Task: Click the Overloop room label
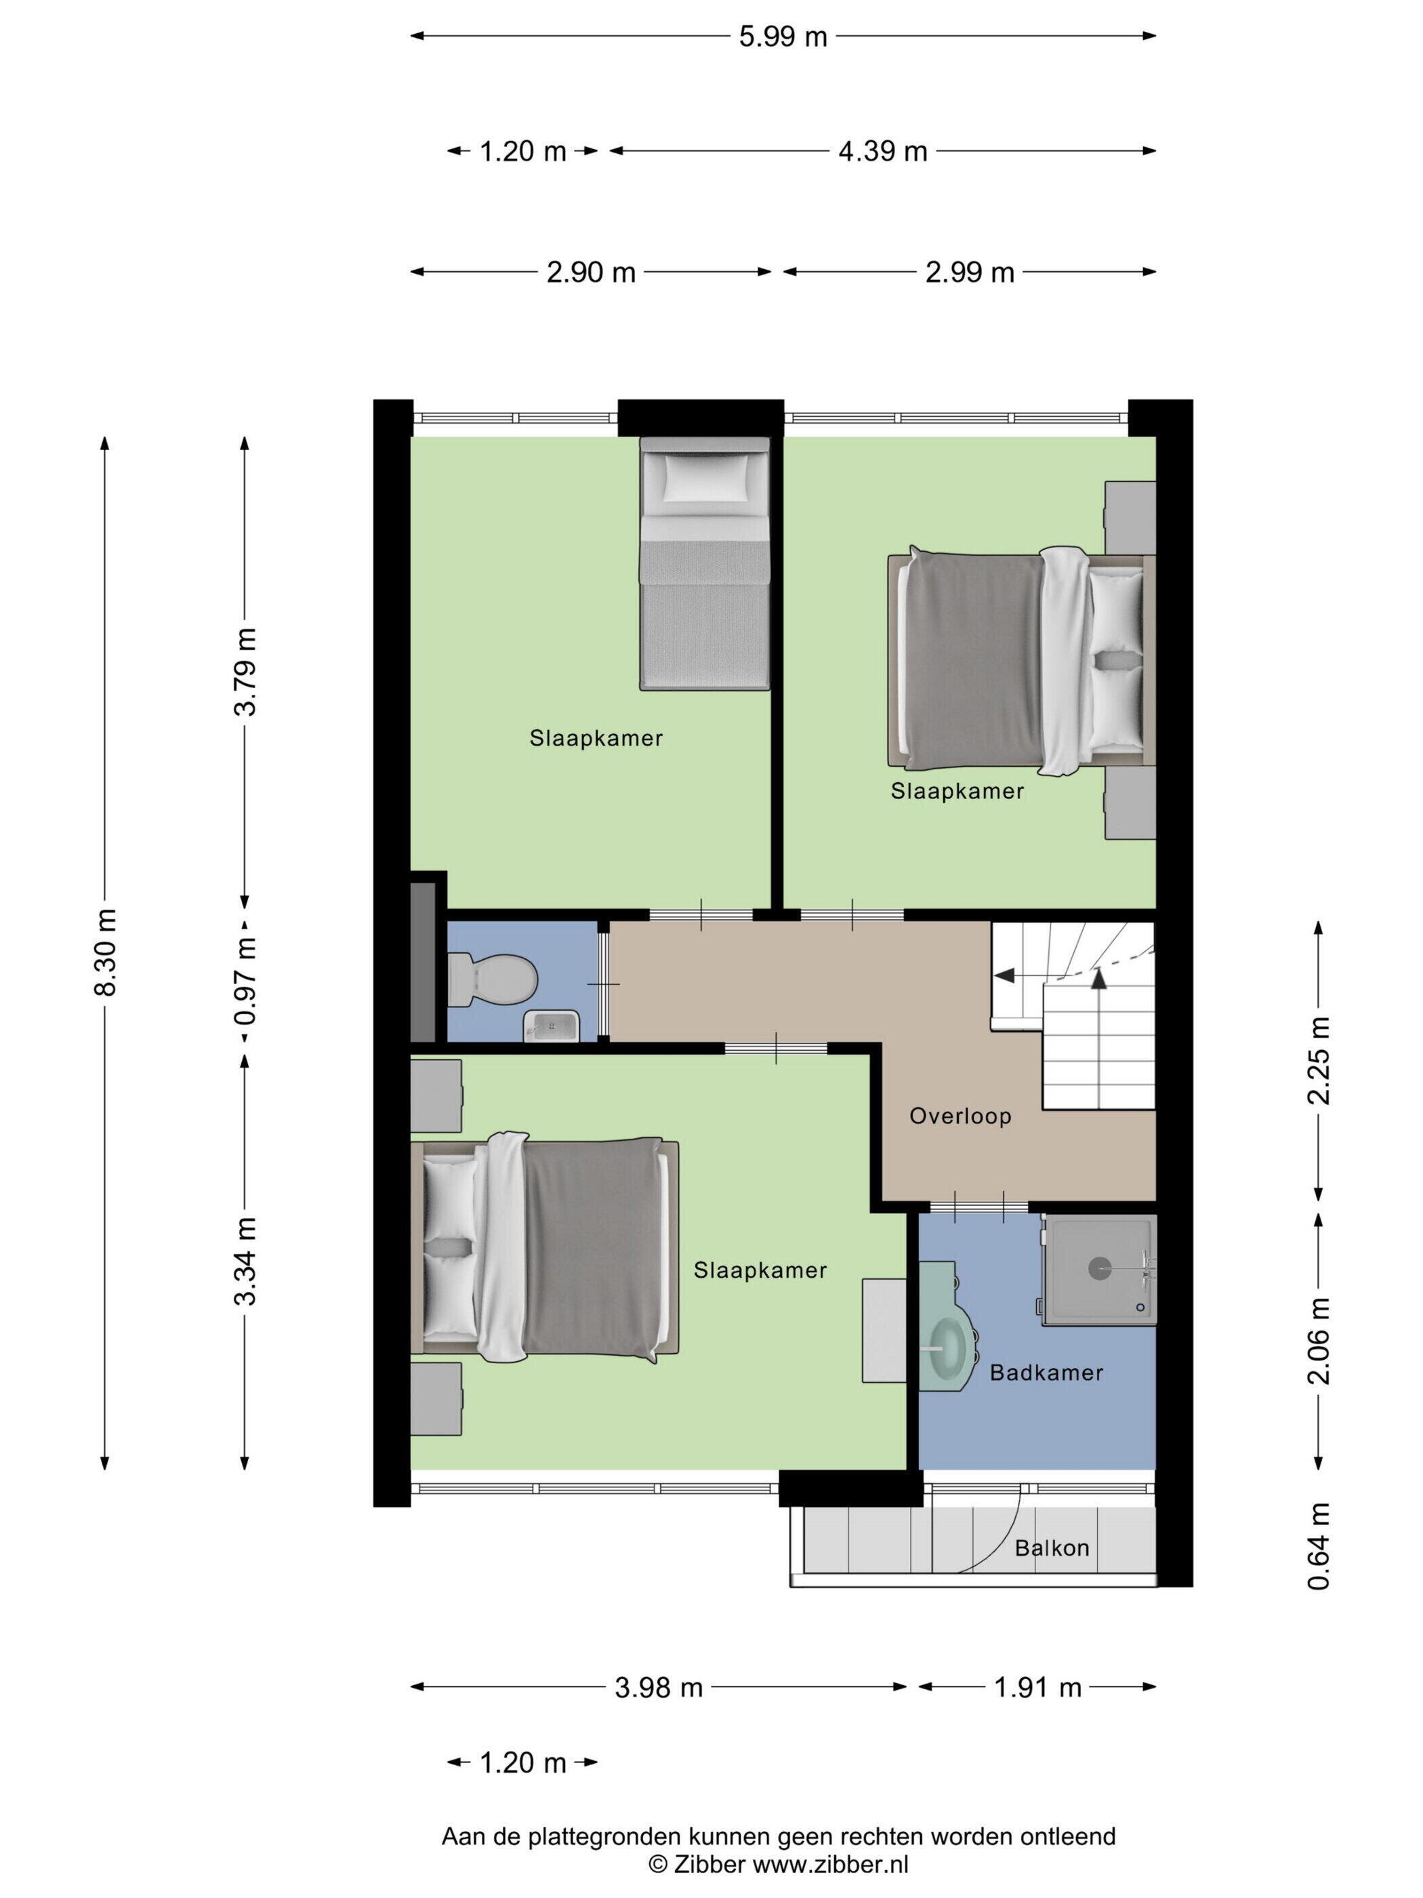(960, 1116)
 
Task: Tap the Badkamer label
(1046, 1373)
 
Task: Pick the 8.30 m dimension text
(106, 952)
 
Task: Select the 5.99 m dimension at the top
(783, 37)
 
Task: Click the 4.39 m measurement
(883, 152)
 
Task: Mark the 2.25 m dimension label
(1319, 1061)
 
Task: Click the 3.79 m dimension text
(247, 671)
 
